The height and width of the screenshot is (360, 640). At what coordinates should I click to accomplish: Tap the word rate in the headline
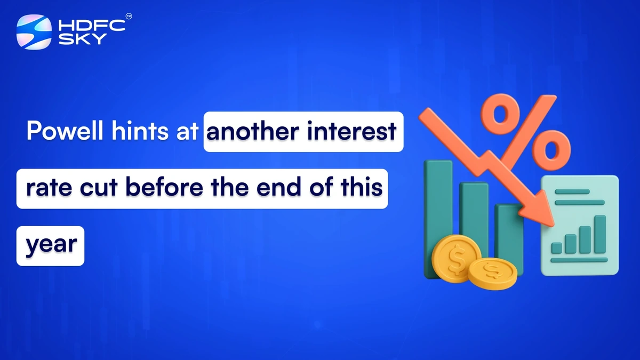click(44, 189)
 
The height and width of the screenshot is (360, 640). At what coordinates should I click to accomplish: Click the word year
click(51, 245)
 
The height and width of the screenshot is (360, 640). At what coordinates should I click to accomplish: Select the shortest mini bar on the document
click(557, 248)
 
